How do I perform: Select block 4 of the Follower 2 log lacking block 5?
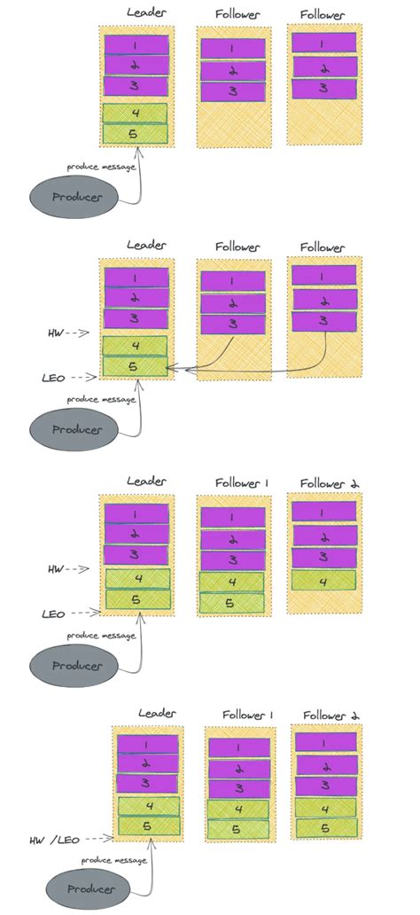[323, 582]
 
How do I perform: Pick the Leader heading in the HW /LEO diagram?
[157, 713]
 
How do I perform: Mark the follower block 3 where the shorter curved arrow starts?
[232, 325]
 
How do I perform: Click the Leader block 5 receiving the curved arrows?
[135, 365]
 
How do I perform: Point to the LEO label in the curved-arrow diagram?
[53, 377]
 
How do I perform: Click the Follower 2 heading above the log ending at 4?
[328, 482]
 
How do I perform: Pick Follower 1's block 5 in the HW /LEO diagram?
[237, 829]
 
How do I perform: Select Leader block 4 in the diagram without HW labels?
[135, 113]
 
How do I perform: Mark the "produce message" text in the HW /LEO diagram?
[114, 860]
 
